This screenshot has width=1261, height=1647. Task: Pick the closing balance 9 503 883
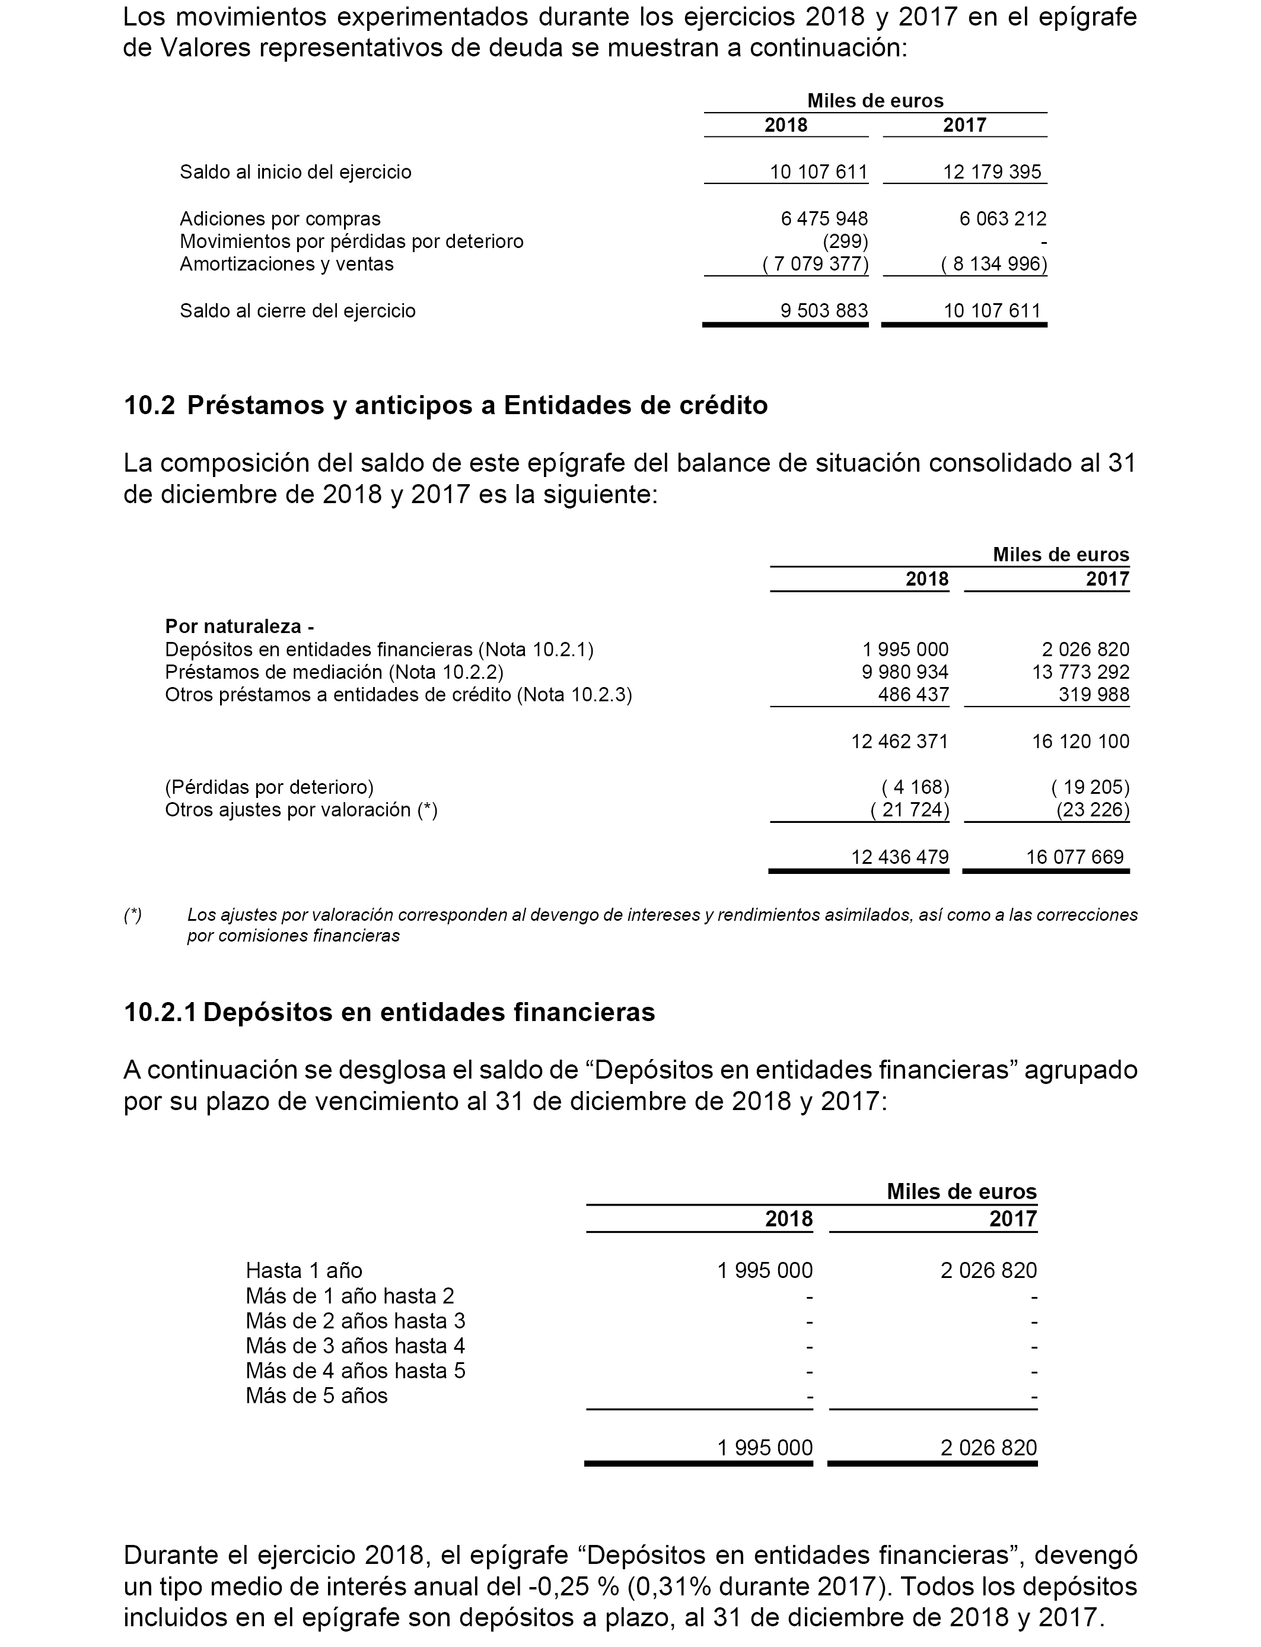click(823, 311)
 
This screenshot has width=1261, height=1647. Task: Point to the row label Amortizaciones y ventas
click(286, 264)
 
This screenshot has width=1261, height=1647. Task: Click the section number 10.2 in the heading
click(149, 405)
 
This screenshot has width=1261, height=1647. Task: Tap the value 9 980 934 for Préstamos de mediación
click(905, 672)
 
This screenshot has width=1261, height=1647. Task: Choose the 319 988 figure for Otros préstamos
click(1094, 694)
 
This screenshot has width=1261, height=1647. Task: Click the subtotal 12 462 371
click(899, 742)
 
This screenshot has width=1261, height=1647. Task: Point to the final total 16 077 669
click(1074, 857)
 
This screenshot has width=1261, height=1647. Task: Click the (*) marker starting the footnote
click(133, 915)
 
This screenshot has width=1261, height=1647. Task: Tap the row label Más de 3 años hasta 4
click(355, 1346)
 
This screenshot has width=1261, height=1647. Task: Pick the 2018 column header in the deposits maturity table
click(788, 1219)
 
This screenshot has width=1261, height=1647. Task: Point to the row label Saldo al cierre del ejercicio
click(297, 311)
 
